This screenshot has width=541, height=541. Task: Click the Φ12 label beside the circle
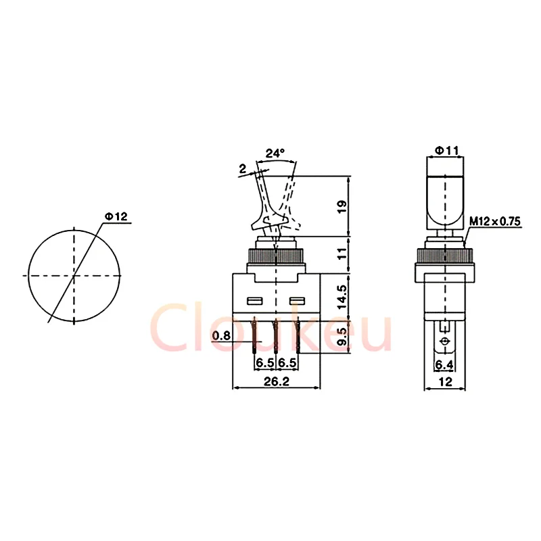(x=116, y=217)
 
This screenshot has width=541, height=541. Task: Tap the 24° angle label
(x=275, y=154)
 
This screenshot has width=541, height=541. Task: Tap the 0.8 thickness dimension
(x=221, y=335)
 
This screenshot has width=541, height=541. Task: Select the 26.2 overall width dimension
(x=275, y=381)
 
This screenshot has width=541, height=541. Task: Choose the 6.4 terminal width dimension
(x=444, y=365)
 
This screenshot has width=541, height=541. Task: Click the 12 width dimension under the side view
(x=444, y=382)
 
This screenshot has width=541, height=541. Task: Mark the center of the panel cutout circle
(x=74, y=276)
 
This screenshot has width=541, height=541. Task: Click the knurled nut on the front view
(x=275, y=258)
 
